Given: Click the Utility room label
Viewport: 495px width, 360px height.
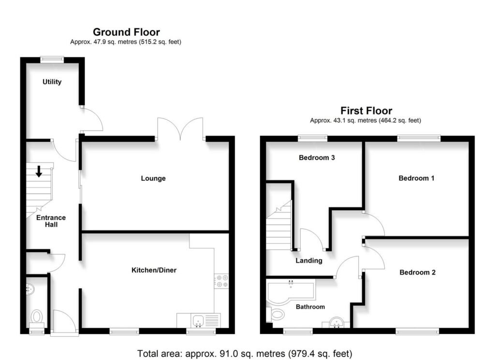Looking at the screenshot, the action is point(52,82).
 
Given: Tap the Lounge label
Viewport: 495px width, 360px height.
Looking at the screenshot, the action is point(153,179).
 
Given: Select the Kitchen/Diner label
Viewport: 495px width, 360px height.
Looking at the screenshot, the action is point(154,270).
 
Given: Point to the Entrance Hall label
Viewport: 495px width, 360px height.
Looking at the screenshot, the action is point(51,221).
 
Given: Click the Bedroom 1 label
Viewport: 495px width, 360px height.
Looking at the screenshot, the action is point(416,178).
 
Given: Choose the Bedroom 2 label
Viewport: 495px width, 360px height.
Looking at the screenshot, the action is point(417,272).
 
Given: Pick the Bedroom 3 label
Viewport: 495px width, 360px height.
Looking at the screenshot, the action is point(317,158).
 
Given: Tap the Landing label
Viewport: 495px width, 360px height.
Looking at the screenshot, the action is point(309,260).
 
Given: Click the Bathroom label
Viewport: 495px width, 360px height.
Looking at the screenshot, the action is point(310,307).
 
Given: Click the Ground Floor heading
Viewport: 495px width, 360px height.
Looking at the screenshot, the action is point(126,32).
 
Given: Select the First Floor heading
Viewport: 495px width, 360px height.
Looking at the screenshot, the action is point(366,111).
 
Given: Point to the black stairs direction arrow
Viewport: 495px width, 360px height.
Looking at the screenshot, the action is point(39,172).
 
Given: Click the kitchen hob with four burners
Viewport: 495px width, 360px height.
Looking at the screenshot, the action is point(221,281).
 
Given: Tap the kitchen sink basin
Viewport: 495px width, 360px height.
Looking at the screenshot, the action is point(198,320).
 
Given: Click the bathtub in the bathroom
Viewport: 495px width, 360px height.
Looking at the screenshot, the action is point(291,291).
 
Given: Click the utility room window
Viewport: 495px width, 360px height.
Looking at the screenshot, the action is point(52,59).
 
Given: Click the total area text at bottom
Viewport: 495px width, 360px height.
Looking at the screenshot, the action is point(245,354).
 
